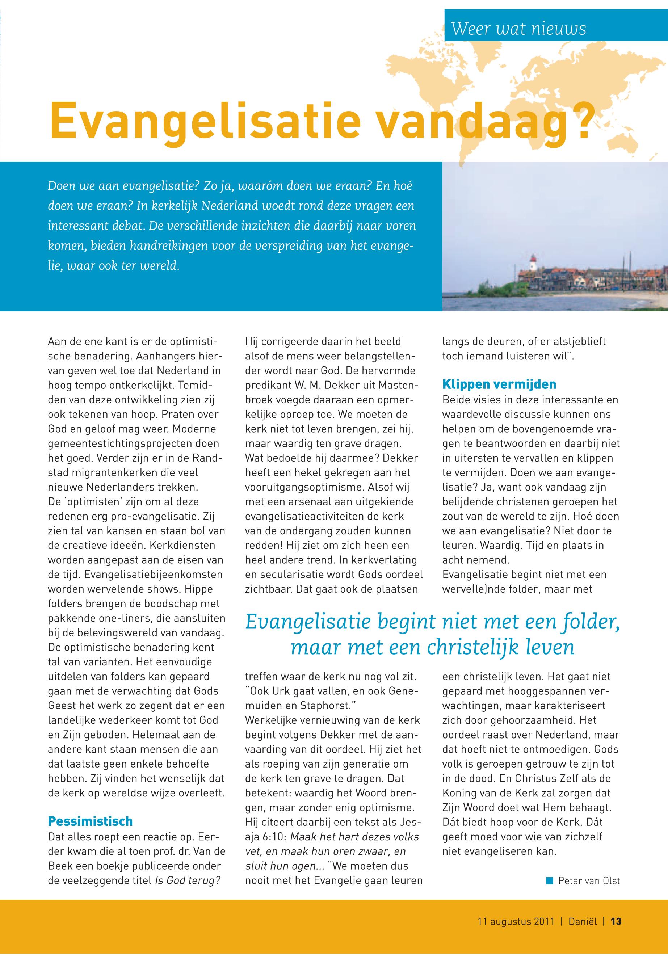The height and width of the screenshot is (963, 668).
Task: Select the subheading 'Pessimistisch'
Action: point(90,821)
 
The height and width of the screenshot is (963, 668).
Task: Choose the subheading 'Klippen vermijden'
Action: point(499,384)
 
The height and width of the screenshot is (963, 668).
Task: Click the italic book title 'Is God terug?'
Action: point(188,880)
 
